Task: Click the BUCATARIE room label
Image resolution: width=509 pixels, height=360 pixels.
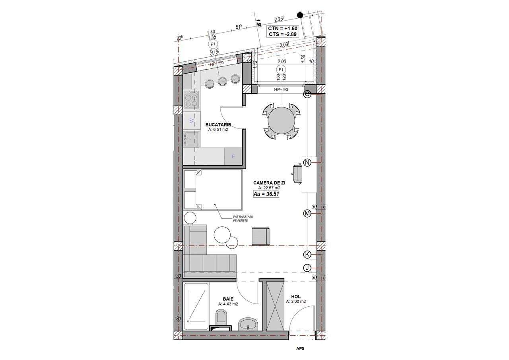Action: pyautogui.click(x=218, y=125)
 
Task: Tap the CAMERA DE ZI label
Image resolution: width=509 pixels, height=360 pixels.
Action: pyautogui.click(x=269, y=183)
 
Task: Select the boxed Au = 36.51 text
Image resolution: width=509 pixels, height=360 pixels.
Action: pyautogui.click(x=266, y=194)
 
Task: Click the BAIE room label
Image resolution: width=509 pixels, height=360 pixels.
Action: pyautogui.click(x=228, y=299)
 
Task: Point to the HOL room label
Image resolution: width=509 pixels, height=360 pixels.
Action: pyautogui.click(x=296, y=296)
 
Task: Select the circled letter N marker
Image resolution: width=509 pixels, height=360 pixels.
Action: pyautogui.click(x=307, y=162)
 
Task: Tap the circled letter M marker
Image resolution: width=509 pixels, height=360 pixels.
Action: pyautogui.click(x=307, y=214)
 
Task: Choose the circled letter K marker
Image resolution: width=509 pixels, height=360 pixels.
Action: pyautogui.click(x=307, y=255)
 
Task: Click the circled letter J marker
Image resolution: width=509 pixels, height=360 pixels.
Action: pyautogui.click(x=307, y=268)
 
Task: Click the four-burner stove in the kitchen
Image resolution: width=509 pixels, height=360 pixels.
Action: pyautogui.click(x=192, y=99)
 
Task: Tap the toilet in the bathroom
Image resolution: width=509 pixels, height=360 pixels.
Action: pyautogui.click(x=221, y=317)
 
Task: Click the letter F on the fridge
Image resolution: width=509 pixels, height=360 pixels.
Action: pyautogui.click(x=233, y=156)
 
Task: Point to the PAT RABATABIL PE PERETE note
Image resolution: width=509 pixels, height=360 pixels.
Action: pyautogui.click(x=243, y=218)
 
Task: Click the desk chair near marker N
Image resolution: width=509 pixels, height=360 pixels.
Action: pyautogui.click(x=297, y=174)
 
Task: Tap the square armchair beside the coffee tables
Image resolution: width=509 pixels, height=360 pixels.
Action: pyautogui.click(x=261, y=236)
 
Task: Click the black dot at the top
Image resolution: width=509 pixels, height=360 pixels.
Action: pyautogui.click(x=300, y=15)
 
